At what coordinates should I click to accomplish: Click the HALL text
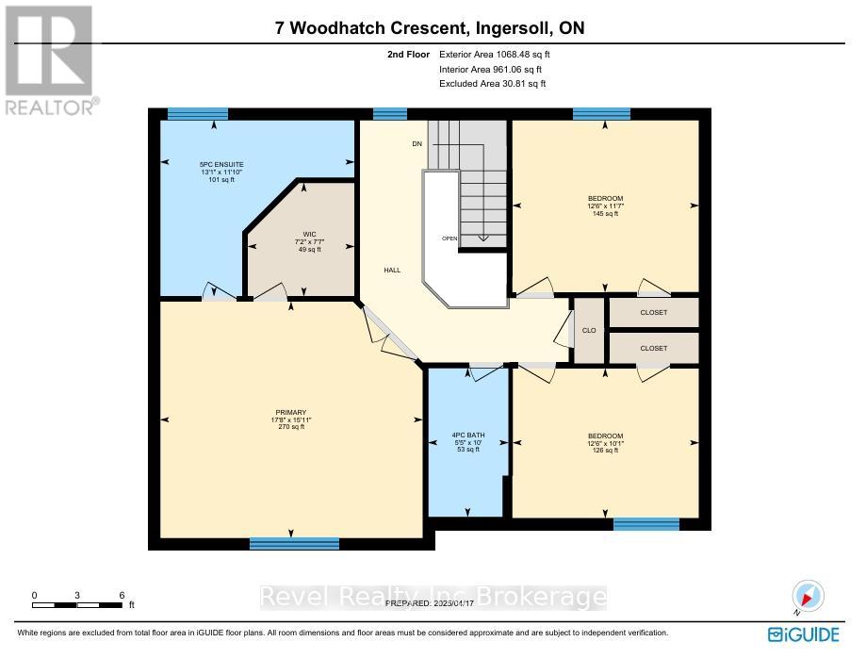click(392, 271)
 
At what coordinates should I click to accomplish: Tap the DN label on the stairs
click(417, 143)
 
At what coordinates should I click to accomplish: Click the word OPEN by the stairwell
click(449, 239)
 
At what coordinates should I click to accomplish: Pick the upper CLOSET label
click(653, 313)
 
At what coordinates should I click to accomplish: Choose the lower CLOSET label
click(653, 348)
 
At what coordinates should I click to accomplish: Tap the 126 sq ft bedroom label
click(603, 442)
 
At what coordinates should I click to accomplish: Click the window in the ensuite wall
click(192, 114)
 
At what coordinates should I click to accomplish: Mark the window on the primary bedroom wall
click(294, 544)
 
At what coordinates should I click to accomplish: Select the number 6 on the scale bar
click(123, 595)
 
